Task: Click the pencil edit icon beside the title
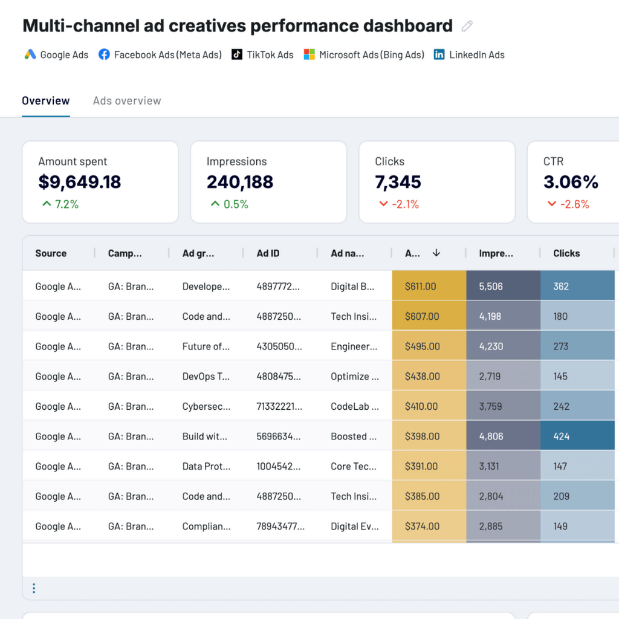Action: coord(467,26)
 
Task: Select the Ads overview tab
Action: coord(127,101)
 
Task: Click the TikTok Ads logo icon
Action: coord(237,54)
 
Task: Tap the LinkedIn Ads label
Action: coord(476,54)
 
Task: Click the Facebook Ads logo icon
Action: coord(104,54)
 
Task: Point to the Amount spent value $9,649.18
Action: coord(80,182)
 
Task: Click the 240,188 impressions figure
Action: coord(240,182)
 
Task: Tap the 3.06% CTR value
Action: coord(571,182)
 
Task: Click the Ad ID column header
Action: coord(268,253)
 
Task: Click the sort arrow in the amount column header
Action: coord(436,253)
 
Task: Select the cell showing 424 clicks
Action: coord(561,436)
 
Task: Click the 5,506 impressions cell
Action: coord(490,287)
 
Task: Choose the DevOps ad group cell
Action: coord(206,377)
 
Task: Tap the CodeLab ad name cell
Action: coord(354,406)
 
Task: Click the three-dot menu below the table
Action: coord(34,588)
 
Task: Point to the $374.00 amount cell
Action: coord(423,527)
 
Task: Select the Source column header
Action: coord(51,253)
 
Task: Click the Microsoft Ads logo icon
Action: coord(309,54)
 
